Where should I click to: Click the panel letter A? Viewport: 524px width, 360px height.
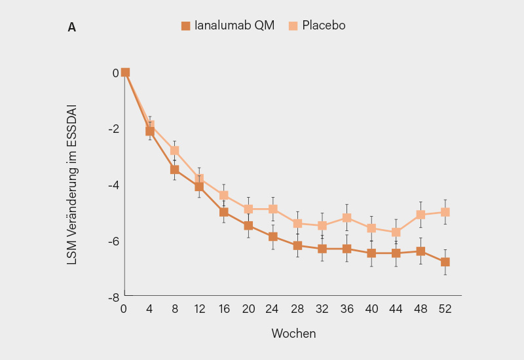click(x=71, y=27)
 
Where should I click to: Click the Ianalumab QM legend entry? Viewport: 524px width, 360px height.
click(x=228, y=26)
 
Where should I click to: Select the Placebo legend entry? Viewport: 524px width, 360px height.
click(x=317, y=26)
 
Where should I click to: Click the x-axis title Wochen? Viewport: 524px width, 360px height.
click(x=293, y=333)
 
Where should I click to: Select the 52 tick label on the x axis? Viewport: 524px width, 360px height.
click(x=445, y=310)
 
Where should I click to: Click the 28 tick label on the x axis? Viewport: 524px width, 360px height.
click(x=297, y=310)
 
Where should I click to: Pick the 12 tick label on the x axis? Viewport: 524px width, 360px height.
click(x=199, y=310)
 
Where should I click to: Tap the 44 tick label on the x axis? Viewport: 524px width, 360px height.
click(x=396, y=310)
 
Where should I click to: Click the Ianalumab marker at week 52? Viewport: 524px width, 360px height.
click(x=445, y=262)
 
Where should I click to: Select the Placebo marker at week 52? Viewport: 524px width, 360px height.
click(x=445, y=212)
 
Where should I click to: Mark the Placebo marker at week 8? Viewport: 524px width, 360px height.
click(x=175, y=151)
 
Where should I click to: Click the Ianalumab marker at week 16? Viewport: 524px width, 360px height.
click(x=224, y=212)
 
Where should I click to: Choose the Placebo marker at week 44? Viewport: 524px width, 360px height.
click(x=396, y=232)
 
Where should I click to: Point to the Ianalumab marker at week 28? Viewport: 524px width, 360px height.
click(x=297, y=245)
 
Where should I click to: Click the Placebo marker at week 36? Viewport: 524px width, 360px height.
click(x=346, y=217)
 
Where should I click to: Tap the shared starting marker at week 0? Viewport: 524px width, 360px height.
click(x=125, y=73)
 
